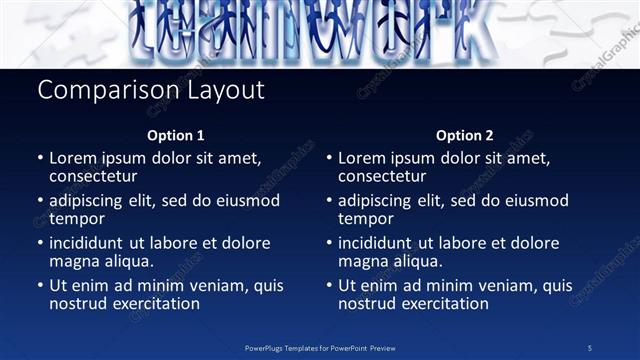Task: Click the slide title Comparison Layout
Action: click(151, 90)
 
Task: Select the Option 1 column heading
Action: click(176, 135)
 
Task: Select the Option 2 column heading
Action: click(464, 135)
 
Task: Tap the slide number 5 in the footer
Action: click(590, 347)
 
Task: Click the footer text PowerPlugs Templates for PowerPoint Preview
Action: click(320, 347)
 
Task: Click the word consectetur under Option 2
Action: click(382, 176)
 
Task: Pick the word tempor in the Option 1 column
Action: click(76, 219)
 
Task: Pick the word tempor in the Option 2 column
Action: click(365, 219)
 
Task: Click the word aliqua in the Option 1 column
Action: click(126, 262)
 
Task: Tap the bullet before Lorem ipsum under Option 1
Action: click(40, 158)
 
